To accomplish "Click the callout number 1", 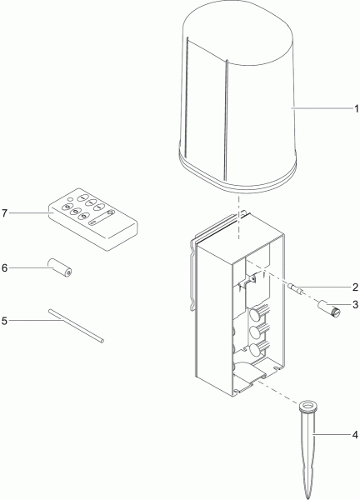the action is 356,108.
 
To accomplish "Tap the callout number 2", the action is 356,287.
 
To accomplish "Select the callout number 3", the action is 356,305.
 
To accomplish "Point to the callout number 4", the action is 355,435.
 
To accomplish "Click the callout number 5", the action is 4,321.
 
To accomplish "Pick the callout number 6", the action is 4,268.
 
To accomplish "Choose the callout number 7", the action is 4,213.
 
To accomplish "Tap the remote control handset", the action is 93,219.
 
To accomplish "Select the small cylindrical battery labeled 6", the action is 60,267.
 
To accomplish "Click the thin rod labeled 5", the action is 76,326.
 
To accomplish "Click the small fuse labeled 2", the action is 295,288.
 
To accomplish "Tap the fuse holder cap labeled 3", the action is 328,309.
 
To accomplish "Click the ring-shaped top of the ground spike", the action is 308,406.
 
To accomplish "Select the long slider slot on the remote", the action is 101,220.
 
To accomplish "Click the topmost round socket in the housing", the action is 255,315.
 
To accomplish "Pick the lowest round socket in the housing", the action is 255,350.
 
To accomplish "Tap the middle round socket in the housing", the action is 255,332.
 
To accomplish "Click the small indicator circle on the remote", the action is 71,200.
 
